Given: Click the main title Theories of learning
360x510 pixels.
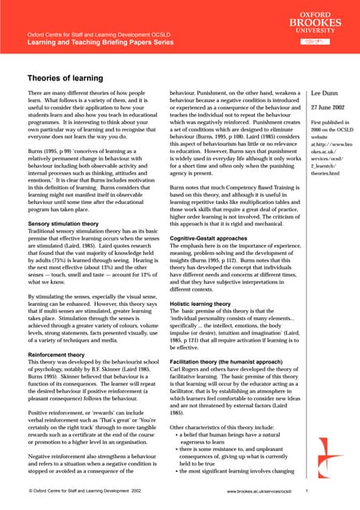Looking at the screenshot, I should [68, 79].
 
